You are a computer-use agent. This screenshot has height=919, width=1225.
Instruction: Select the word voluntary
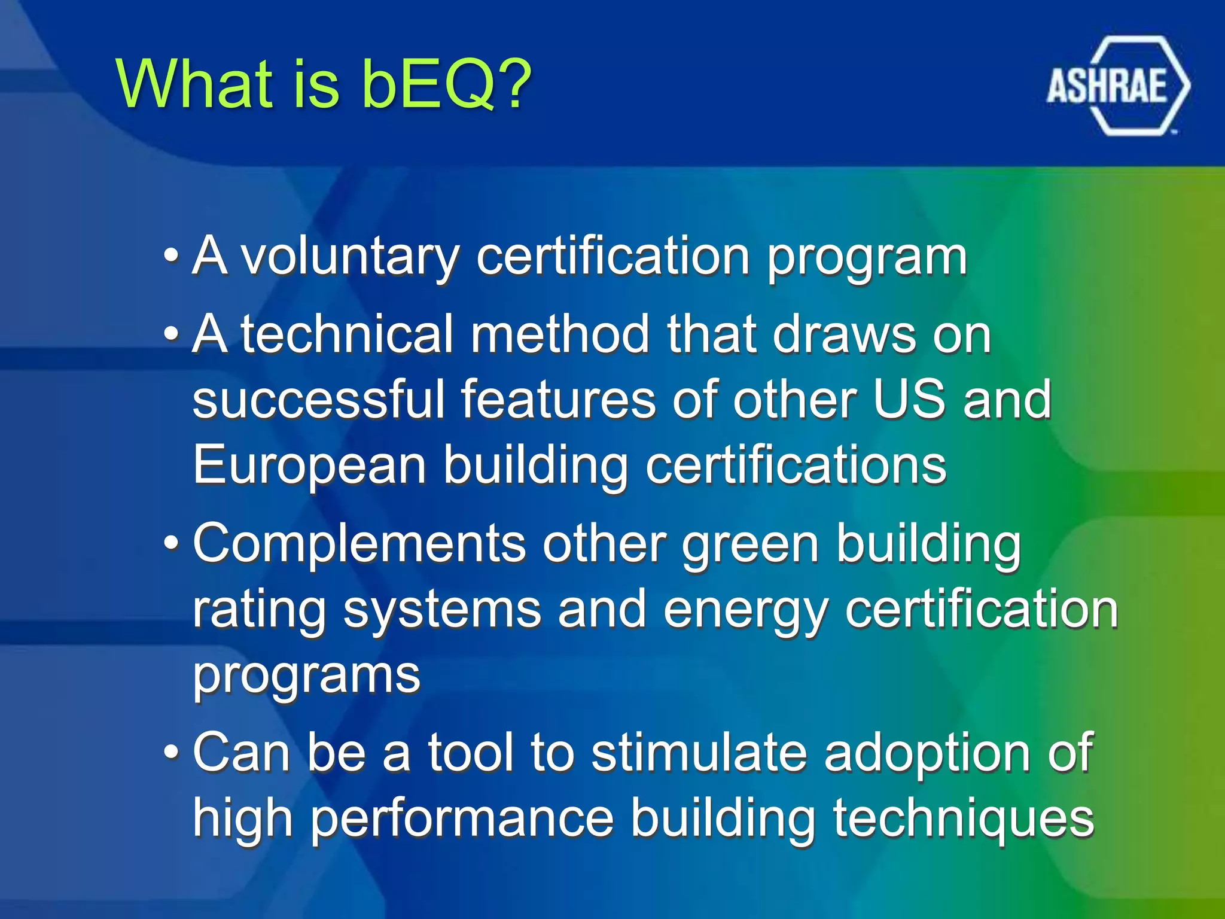(x=350, y=258)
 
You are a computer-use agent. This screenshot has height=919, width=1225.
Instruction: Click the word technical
(x=347, y=334)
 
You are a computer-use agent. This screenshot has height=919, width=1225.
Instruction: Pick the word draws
(x=843, y=334)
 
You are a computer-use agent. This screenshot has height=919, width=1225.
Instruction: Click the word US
(x=909, y=400)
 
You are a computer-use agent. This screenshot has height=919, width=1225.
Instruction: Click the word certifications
(x=796, y=465)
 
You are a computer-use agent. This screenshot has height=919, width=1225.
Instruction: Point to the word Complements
(x=359, y=544)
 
